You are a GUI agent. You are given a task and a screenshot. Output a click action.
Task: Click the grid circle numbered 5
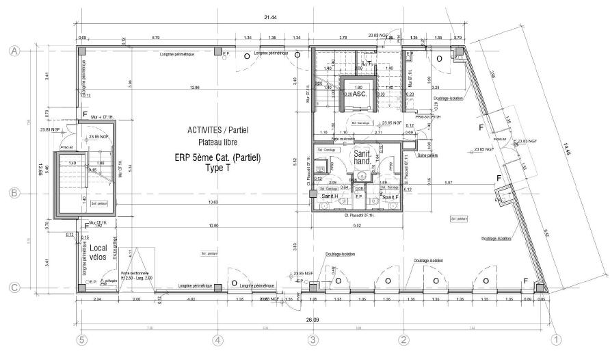tap(82, 339)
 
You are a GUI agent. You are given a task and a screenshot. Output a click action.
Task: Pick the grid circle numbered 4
tap(217, 339)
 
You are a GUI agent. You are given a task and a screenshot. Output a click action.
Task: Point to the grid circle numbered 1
tap(557, 339)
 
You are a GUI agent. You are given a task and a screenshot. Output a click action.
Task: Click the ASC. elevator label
tap(360, 95)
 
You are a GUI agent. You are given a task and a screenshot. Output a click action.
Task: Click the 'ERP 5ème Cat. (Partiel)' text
tap(220, 157)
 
